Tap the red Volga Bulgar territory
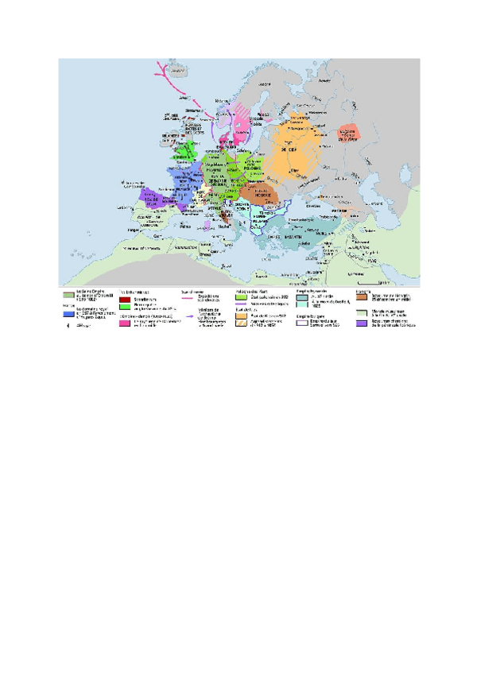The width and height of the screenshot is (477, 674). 350,135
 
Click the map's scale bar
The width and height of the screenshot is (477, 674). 371,281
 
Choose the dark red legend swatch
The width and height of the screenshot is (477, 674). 124,300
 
